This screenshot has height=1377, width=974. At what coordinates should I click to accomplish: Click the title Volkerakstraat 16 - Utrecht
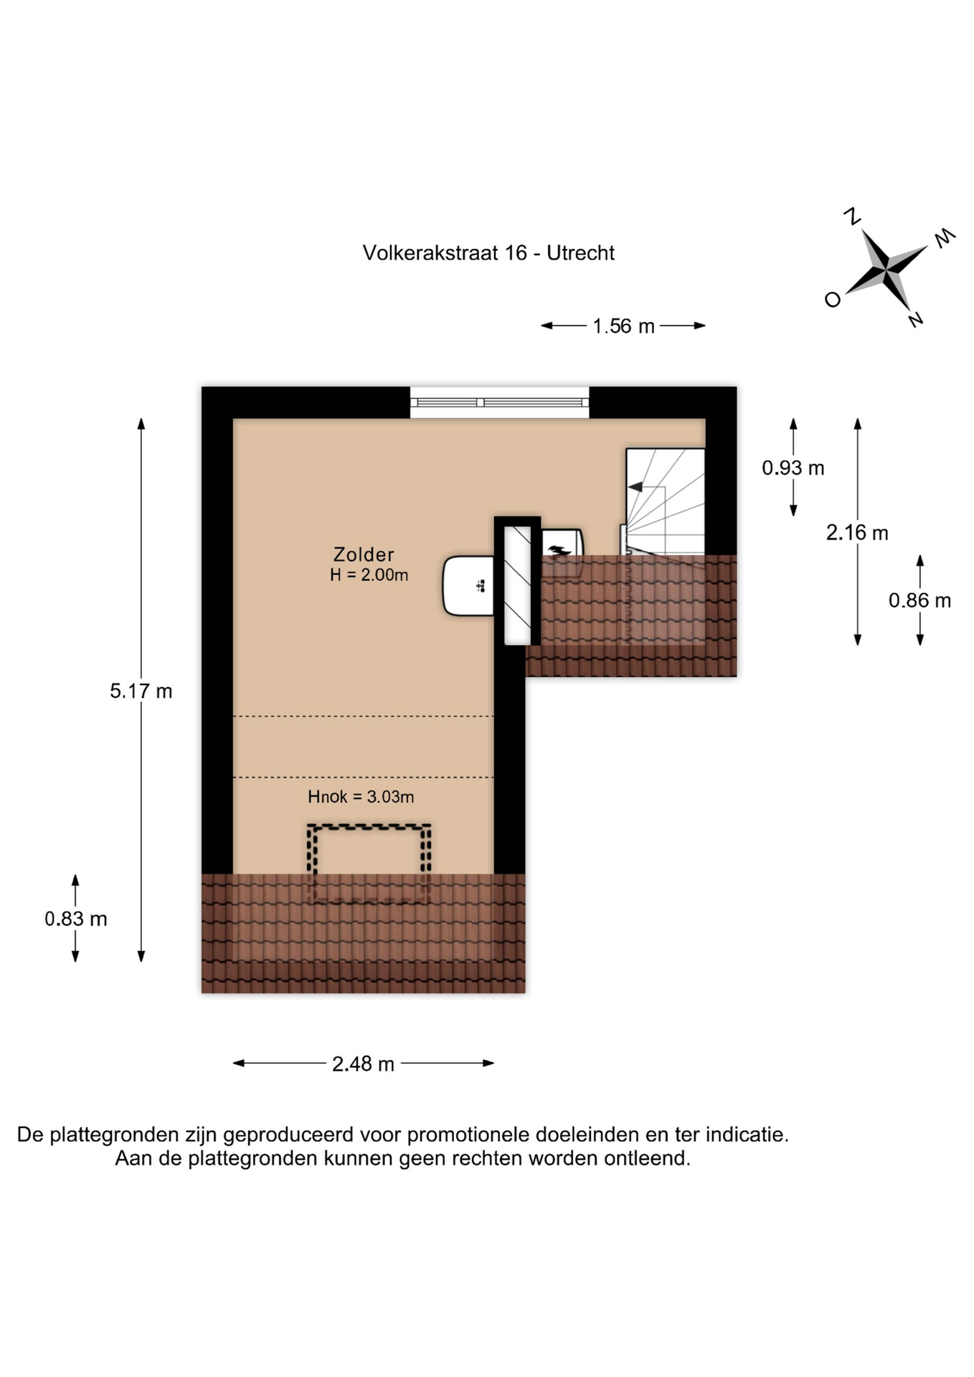coord(488,252)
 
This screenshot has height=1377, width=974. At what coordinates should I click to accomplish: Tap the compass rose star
coord(887,270)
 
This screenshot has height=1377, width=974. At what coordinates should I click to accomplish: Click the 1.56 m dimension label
coord(623,326)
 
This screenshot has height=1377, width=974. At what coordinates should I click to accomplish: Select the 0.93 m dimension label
coord(793,468)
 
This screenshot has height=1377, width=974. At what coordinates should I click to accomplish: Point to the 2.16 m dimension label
coord(857,532)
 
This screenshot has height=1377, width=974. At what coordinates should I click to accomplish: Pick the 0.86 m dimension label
coord(919,600)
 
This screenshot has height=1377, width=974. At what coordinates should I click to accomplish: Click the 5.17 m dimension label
coord(141,691)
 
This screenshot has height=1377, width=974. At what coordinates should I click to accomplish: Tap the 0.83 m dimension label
coord(75,919)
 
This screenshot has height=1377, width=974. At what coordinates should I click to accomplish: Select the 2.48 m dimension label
coord(363,1064)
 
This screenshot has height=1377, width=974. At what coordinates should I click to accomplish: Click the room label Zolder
coord(364,554)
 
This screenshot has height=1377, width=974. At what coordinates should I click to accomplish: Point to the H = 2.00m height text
coord(369,574)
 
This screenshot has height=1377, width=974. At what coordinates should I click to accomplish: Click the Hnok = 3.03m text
coord(361,797)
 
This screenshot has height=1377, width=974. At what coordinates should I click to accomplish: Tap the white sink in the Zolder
coord(469,586)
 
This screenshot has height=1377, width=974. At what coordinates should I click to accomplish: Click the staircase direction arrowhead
coord(635,487)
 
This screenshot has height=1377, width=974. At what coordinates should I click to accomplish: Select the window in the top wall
coord(499,402)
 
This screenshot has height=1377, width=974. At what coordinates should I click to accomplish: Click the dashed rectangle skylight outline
coord(369,827)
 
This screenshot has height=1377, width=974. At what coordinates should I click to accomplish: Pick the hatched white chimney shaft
coord(517,585)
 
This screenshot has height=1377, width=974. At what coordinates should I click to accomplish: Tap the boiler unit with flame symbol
coord(561,543)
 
